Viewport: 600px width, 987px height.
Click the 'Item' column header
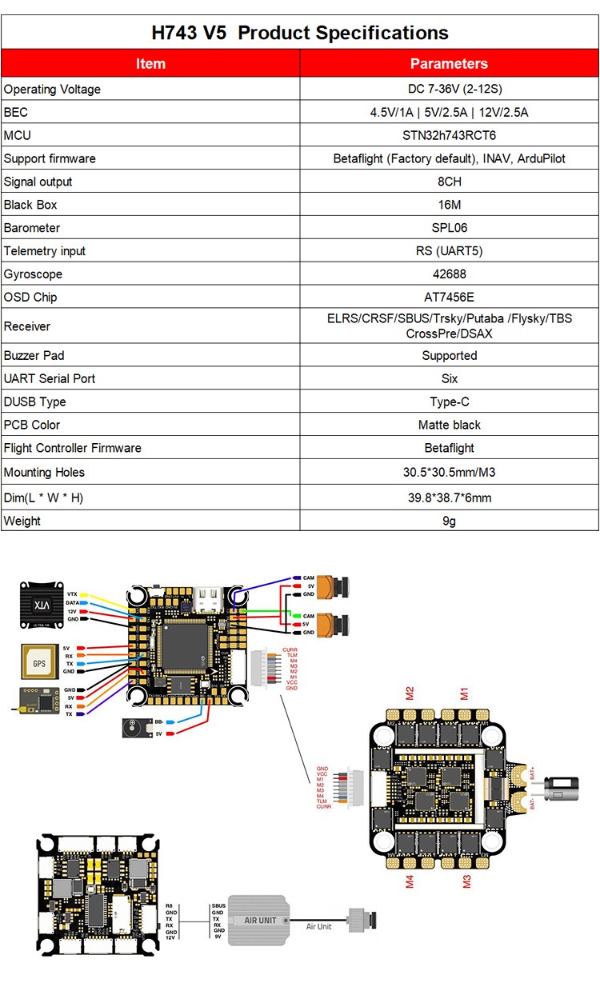click(150, 63)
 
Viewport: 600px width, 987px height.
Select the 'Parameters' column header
click(449, 63)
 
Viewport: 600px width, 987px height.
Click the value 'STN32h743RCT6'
click(449, 135)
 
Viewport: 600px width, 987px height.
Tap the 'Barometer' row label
click(32, 228)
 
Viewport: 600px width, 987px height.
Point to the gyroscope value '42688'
click(449, 274)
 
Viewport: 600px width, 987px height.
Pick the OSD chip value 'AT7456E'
click(449, 297)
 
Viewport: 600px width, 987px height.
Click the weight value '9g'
click(449, 521)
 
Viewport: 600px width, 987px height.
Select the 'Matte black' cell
click(449, 425)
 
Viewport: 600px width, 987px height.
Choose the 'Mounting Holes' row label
click(44, 472)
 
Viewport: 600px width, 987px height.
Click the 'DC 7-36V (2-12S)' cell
click(449, 89)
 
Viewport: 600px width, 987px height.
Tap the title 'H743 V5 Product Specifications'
click(300, 33)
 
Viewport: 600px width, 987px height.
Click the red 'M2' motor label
click(409, 692)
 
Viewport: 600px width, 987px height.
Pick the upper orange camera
click(335, 585)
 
